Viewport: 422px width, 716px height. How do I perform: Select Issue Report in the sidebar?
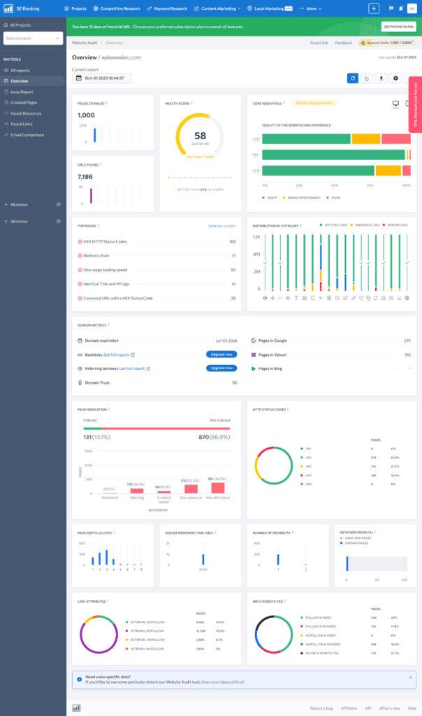(x=22, y=92)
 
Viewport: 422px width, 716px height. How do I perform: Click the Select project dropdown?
(x=33, y=38)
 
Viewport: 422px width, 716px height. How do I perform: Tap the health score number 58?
(x=200, y=136)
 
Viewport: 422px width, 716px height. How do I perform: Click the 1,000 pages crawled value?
(x=86, y=115)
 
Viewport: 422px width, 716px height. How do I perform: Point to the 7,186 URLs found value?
(x=85, y=177)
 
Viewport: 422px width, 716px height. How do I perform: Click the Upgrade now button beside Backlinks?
(x=221, y=355)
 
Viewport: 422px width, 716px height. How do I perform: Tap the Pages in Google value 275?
(x=407, y=341)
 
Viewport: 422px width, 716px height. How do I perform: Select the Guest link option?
(x=319, y=43)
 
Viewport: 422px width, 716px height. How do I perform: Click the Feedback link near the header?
(x=344, y=43)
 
